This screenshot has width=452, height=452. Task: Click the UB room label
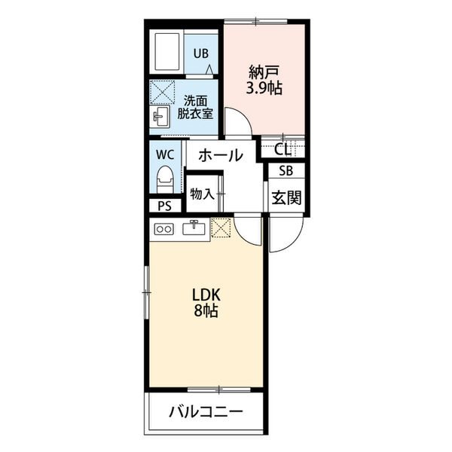point(201,53)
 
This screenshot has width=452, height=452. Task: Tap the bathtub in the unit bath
point(167,52)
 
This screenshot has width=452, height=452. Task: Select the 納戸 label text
point(264,72)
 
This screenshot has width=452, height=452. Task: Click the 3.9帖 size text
point(264,88)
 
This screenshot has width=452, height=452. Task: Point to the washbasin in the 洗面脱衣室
point(160,116)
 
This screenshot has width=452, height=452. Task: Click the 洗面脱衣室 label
point(195,107)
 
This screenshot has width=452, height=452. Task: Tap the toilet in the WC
point(165,179)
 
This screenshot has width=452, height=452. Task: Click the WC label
point(165,155)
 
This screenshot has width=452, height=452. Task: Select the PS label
point(165,206)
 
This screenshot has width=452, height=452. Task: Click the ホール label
point(221,155)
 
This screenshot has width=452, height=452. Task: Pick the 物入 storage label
point(202,194)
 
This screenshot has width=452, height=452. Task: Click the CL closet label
point(282,149)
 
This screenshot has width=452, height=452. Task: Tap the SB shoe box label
point(286,171)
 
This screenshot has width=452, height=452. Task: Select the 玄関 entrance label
point(286,197)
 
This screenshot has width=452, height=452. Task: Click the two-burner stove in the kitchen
point(164,230)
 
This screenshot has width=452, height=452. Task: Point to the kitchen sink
point(194,228)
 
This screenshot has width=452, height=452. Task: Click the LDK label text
point(206,295)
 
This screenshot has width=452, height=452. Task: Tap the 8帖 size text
point(206,310)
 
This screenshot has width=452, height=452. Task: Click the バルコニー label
point(206,412)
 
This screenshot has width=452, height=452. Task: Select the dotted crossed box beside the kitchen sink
point(221,228)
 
